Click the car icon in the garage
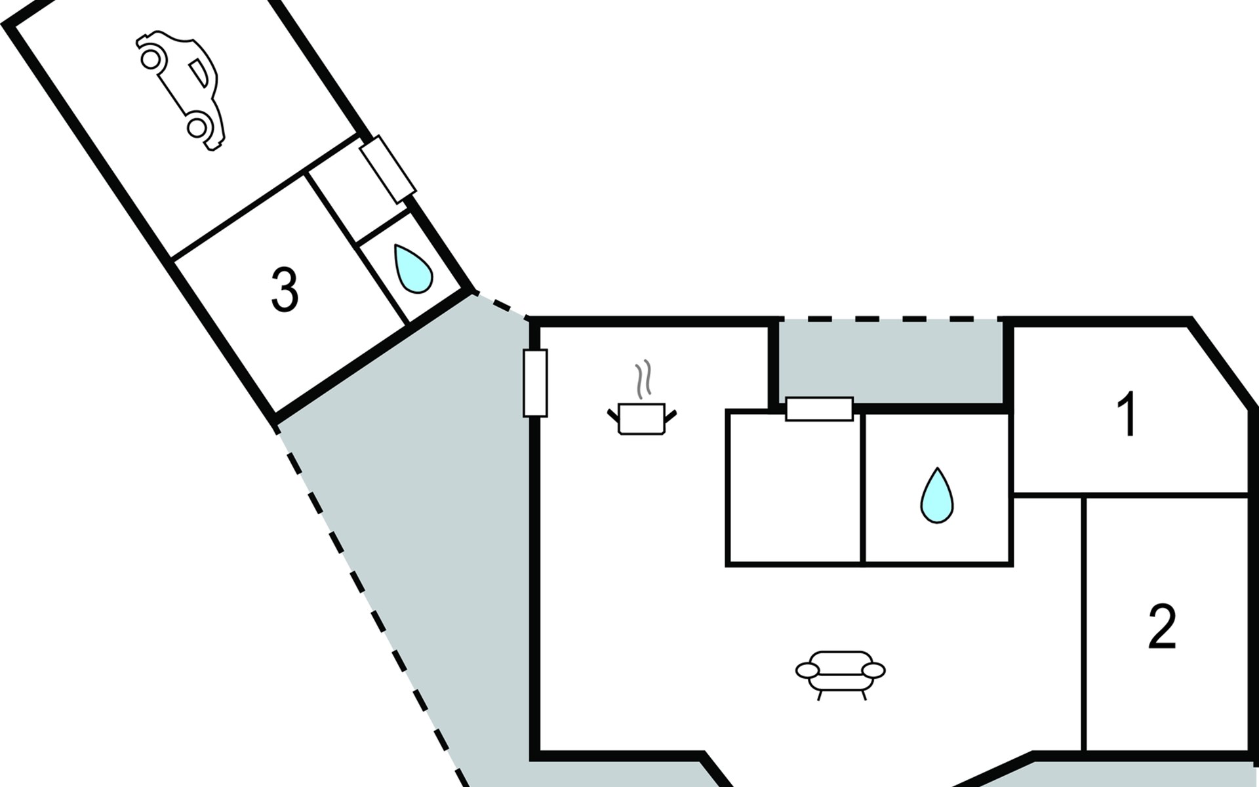click(x=180, y=91)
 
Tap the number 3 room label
click(x=285, y=290)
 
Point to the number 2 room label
click(x=1163, y=626)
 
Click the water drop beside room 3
click(x=412, y=268)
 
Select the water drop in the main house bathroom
click(x=937, y=495)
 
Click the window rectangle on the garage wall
click(x=388, y=169)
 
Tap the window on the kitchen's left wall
click(x=535, y=383)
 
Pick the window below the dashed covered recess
click(x=819, y=409)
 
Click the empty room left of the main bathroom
click(x=794, y=488)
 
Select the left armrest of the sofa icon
click(x=808, y=670)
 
